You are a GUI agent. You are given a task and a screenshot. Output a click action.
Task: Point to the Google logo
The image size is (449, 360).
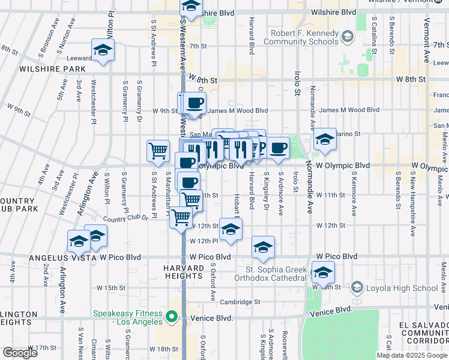(x=20, y=353)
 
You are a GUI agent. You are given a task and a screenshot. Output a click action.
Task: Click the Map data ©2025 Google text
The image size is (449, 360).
(x=412, y=355)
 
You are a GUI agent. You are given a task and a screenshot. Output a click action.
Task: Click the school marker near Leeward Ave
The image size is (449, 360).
(x=103, y=50)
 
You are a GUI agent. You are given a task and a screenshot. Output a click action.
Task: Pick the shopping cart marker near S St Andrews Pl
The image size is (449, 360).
(x=158, y=151)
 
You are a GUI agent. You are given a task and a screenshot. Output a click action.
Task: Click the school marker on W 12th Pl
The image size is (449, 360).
(x=231, y=230)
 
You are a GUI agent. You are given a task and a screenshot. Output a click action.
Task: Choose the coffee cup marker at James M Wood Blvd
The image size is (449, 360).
(x=195, y=104)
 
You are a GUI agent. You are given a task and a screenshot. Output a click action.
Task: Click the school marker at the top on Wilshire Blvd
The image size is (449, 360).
(x=191, y=7)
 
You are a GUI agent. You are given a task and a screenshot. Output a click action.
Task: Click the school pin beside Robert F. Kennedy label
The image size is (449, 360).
(x=346, y=38)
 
